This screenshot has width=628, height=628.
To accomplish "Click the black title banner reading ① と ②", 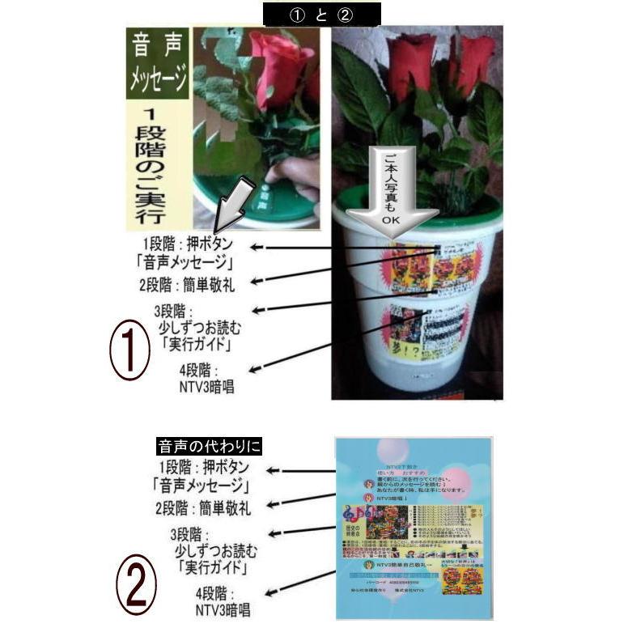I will tap(321, 14).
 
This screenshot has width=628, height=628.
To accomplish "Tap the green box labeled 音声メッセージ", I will tap(159, 65).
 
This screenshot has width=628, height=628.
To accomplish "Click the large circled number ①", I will tap(129, 349).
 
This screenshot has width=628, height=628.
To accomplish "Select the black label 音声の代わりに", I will tap(210, 447).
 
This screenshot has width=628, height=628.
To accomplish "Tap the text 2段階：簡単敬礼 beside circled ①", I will tap(188, 283).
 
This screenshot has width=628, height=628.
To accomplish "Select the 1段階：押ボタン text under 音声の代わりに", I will tap(204, 468).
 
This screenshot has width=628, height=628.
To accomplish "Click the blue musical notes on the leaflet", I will tap(353, 514).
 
